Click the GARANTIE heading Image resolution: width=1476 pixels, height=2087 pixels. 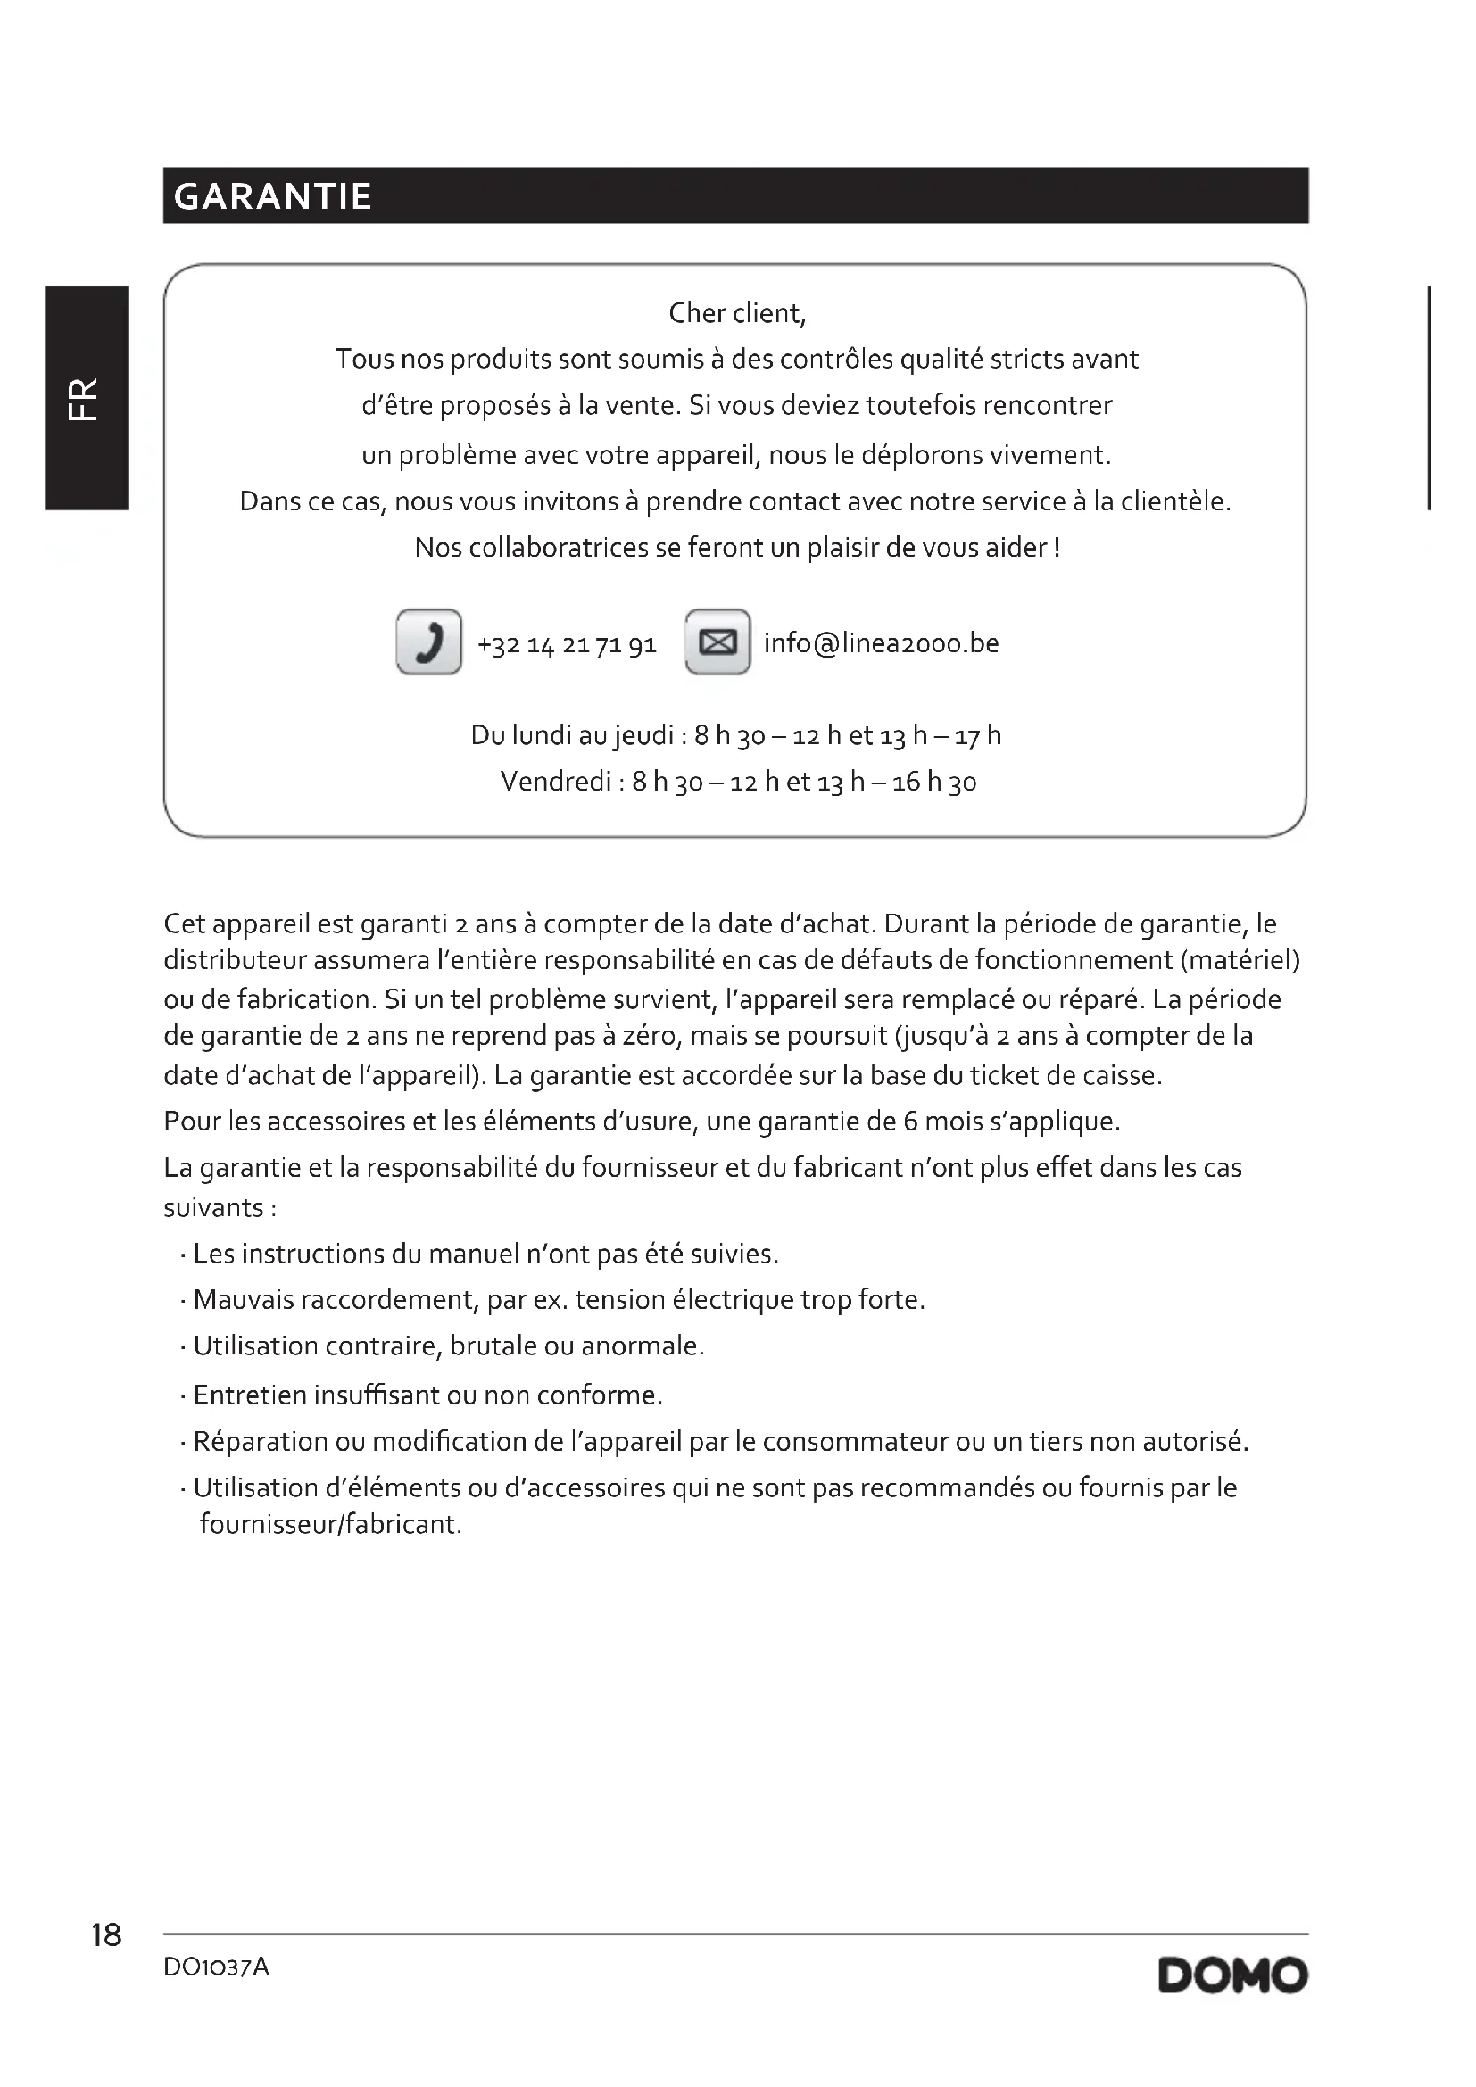[273, 196]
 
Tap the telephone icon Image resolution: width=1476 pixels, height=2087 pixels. [429, 642]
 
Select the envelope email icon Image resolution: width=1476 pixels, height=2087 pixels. [717, 642]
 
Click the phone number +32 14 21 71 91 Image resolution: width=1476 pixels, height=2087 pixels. [567, 645]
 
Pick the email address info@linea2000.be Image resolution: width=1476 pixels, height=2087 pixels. [881, 643]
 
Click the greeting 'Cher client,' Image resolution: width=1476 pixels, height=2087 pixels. [737, 313]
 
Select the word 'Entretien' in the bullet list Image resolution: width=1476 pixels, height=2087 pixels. [250, 1395]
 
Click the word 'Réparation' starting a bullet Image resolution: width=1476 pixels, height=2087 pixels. [260, 1442]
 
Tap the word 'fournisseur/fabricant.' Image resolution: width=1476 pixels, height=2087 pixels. [331, 1524]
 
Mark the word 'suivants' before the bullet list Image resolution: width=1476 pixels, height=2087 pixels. [213, 1208]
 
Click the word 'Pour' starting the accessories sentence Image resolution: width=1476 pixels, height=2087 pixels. [192, 1122]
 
